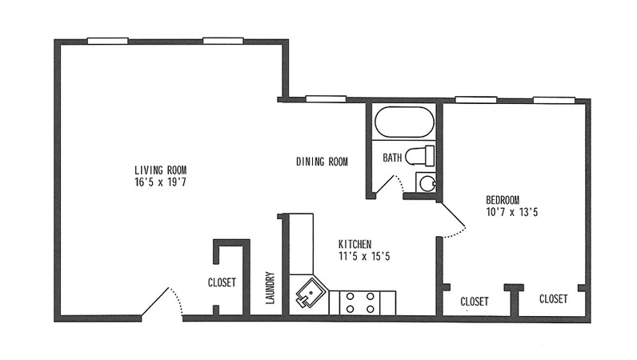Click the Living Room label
[x=161, y=170]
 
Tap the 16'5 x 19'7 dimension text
[x=161, y=182]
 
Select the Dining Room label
[x=322, y=162]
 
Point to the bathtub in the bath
[x=404, y=122]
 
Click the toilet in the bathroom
[x=420, y=156]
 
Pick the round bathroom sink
[x=427, y=183]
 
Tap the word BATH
[x=392, y=158]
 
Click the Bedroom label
[x=503, y=200]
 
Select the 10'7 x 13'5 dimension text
[x=512, y=212]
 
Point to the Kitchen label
[x=355, y=244]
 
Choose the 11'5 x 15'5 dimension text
[x=364, y=256]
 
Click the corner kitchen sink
[x=311, y=293]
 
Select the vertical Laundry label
[x=270, y=288]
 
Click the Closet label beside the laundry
[x=222, y=282]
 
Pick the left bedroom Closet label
[x=474, y=302]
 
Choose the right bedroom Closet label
[x=553, y=299]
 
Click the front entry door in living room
[x=162, y=302]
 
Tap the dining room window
[x=326, y=98]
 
